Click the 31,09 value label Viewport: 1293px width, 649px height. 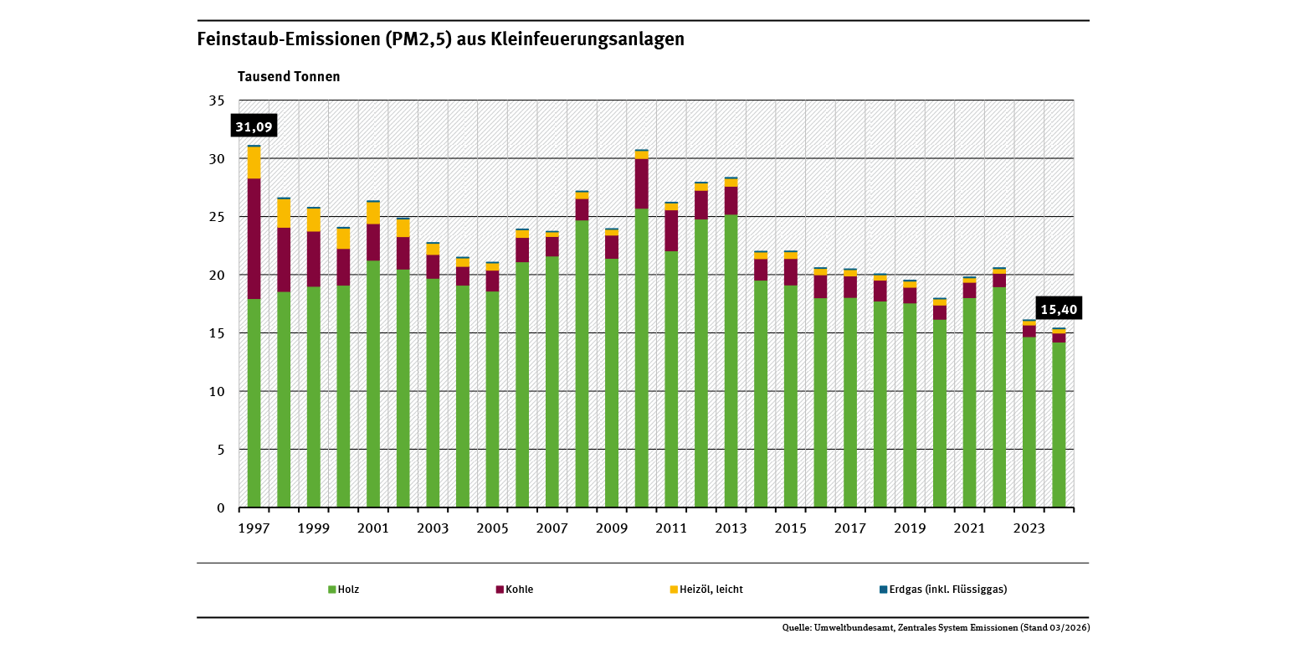click(x=254, y=126)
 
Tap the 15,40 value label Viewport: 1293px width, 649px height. click(x=1058, y=309)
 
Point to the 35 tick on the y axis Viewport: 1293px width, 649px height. click(x=217, y=100)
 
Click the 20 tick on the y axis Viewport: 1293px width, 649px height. click(x=217, y=275)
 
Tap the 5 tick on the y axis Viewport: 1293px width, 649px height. click(x=220, y=450)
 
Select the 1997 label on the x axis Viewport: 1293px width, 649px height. click(x=254, y=528)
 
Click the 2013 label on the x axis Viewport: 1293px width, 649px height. click(x=731, y=528)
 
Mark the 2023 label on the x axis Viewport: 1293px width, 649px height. click(x=1029, y=528)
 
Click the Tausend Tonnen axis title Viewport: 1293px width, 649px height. click(x=289, y=76)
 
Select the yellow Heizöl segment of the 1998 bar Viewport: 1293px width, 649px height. click(x=284, y=213)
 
